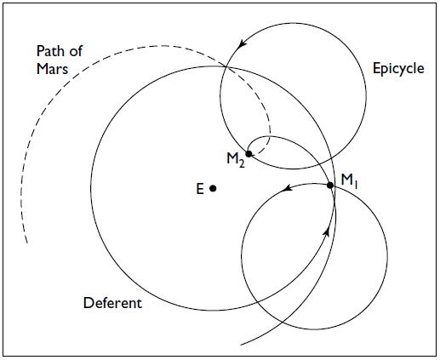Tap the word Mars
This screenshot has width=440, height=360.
point(53,69)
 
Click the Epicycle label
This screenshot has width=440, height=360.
point(398,69)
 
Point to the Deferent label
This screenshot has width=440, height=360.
point(112,303)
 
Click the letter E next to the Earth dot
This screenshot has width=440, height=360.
point(200,189)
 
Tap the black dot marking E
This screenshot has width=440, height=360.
point(213,188)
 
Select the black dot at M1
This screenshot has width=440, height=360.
point(330,186)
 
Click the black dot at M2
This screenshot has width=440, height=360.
point(249,154)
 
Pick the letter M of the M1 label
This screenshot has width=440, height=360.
point(346,180)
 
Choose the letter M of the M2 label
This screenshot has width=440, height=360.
point(232,158)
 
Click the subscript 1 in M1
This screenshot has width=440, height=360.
point(356,185)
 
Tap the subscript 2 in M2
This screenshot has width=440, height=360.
point(242,164)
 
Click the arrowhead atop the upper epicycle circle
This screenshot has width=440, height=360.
point(242,43)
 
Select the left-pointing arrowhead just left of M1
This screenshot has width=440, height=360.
point(288,187)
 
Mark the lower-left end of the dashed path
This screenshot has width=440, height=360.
point(27,243)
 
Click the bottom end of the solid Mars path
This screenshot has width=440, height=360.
point(241,345)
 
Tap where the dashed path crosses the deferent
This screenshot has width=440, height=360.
point(226,67)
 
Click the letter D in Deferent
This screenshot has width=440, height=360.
point(89,303)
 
